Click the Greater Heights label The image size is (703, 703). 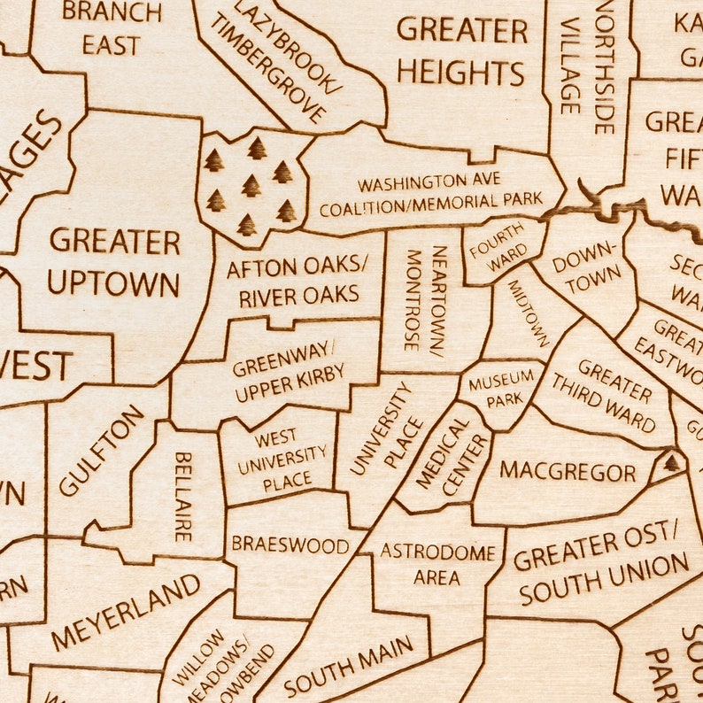point(460,50)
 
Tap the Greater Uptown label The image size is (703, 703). point(114,262)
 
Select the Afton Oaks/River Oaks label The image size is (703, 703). point(293,282)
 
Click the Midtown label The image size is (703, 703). point(529,313)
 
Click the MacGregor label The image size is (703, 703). point(568,471)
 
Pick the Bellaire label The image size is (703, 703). point(182,496)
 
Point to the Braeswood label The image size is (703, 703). point(290,544)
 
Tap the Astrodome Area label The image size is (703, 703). point(437,564)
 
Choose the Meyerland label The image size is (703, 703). point(126,612)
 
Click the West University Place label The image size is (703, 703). point(276,459)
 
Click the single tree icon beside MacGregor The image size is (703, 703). point(672,462)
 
